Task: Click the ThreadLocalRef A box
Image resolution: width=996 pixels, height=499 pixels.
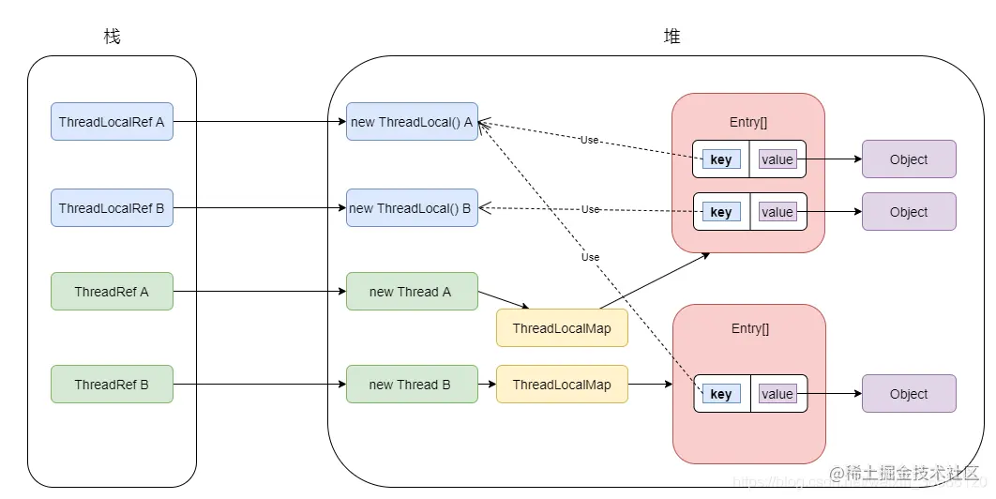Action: [x=112, y=122]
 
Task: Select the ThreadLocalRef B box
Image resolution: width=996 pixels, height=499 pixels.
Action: [x=112, y=208]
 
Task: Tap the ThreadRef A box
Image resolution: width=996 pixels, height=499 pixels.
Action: [x=112, y=292]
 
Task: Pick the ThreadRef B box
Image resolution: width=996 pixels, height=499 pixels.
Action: [x=112, y=385]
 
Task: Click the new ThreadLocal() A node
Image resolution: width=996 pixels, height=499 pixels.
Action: [x=412, y=122]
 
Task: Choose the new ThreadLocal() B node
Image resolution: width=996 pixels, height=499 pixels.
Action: [x=412, y=208]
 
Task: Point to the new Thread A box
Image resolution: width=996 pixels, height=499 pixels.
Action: [x=412, y=292]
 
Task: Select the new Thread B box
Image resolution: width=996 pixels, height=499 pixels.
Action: [x=412, y=385]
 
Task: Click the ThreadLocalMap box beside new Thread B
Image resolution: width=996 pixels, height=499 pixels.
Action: [x=562, y=385]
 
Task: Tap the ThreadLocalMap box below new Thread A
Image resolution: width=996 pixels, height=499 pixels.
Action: [x=562, y=328]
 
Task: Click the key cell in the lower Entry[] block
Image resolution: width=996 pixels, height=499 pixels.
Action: [x=721, y=394]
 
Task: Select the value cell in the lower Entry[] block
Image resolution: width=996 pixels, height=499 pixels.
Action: [x=777, y=394]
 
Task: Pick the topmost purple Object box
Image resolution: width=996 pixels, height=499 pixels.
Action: [x=909, y=159]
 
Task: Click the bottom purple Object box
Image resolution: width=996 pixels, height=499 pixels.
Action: [x=909, y=394]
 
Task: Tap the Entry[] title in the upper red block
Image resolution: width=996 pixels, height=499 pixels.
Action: [x=747, y=122]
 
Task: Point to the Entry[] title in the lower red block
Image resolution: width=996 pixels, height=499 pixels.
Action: [x=747, y=328]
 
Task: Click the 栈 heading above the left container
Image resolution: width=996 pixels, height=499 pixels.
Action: [x=112, y=37]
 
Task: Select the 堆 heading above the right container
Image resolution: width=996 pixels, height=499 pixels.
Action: [x=672, y=37]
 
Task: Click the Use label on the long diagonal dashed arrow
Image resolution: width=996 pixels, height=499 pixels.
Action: [x=590, y=257]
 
